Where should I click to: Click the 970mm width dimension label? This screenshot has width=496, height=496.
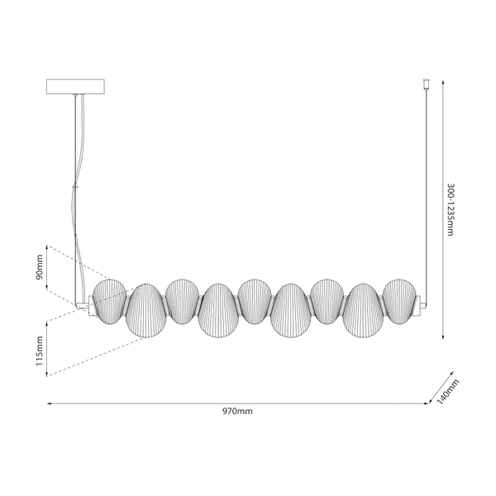(237, 411)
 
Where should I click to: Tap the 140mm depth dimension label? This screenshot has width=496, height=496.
(447, 392)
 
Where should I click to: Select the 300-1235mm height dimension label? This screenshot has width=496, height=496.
(451, 209)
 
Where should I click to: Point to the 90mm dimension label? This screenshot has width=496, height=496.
(39, 267)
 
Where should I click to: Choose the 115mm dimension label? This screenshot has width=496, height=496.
(39, 351)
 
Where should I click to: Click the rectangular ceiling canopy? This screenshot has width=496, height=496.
(75, 87)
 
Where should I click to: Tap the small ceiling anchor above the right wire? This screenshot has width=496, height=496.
(426, 83)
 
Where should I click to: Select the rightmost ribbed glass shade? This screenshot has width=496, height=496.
(400, 302)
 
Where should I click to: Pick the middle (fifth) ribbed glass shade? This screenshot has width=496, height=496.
(255, 302)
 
